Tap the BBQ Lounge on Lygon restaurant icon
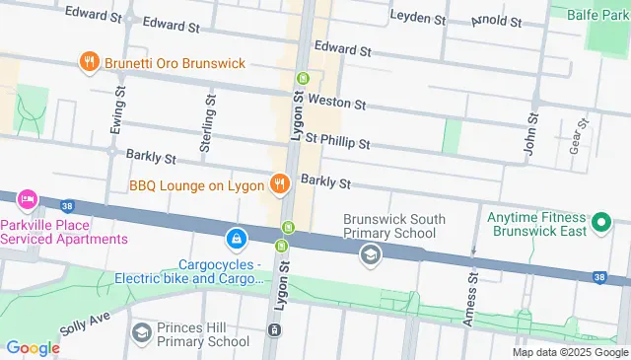(x=280, y=183)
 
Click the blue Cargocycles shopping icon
(x=237, y=239)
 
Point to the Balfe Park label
(x=598, y=13)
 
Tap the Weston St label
(x=336, y=103)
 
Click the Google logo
(x=33, y=348)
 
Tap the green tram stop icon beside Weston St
(x=303, y=80)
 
